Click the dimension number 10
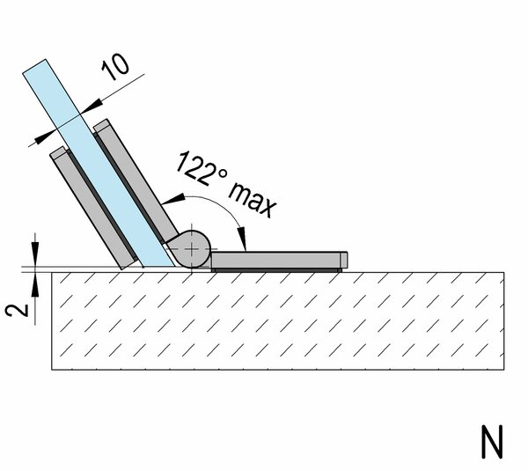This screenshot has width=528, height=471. [115, 68]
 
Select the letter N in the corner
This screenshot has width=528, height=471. [492, 442]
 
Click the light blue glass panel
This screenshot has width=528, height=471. [99, 163]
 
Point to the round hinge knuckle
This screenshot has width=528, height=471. [191, 249]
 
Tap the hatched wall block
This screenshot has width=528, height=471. [278, 320]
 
